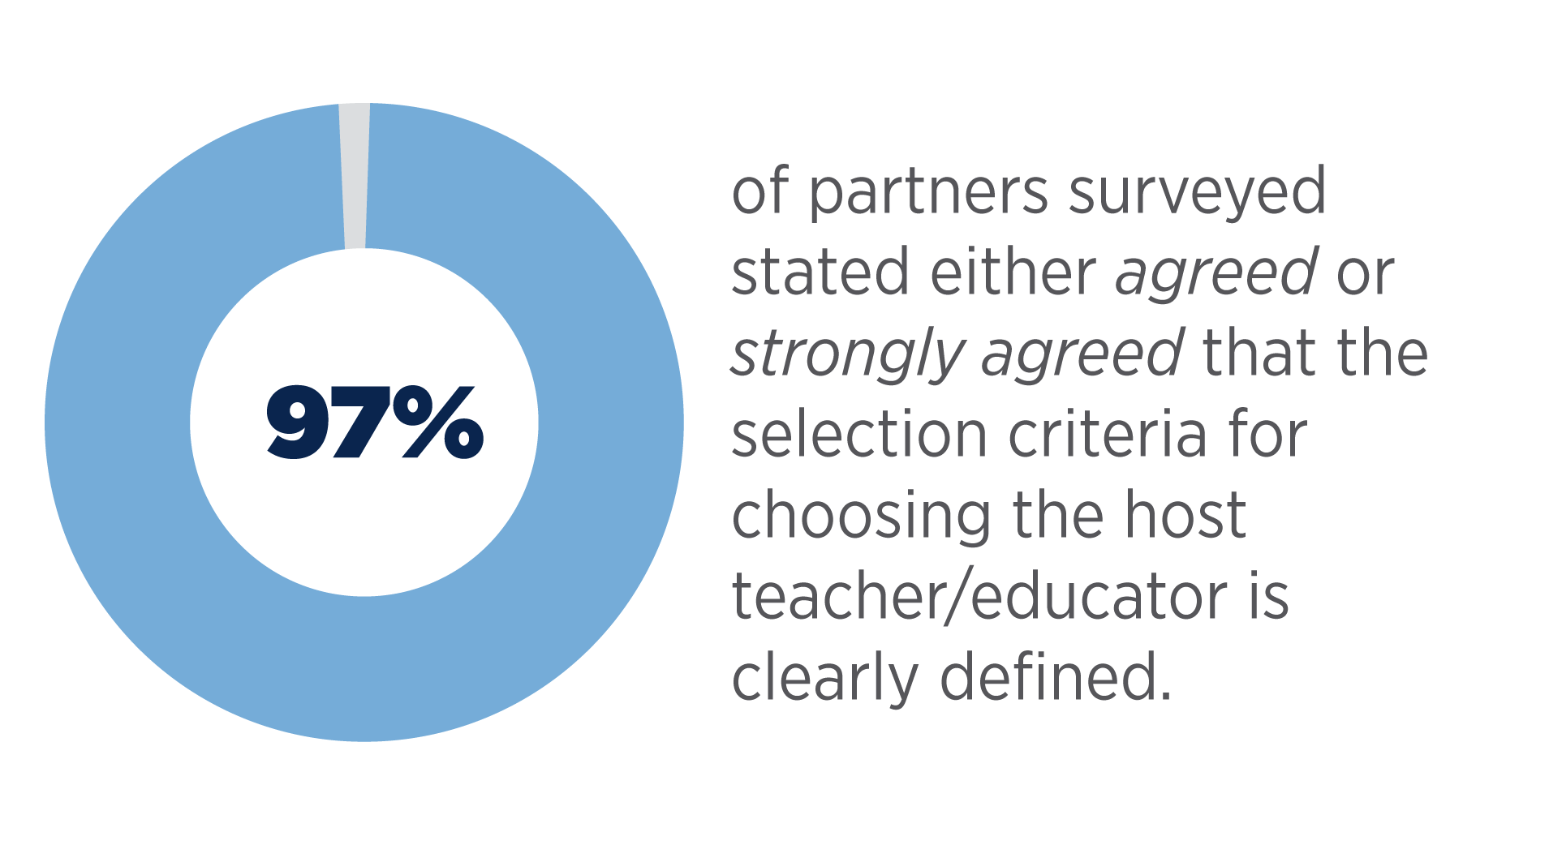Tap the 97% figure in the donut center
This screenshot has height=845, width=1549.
coord(375,422)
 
